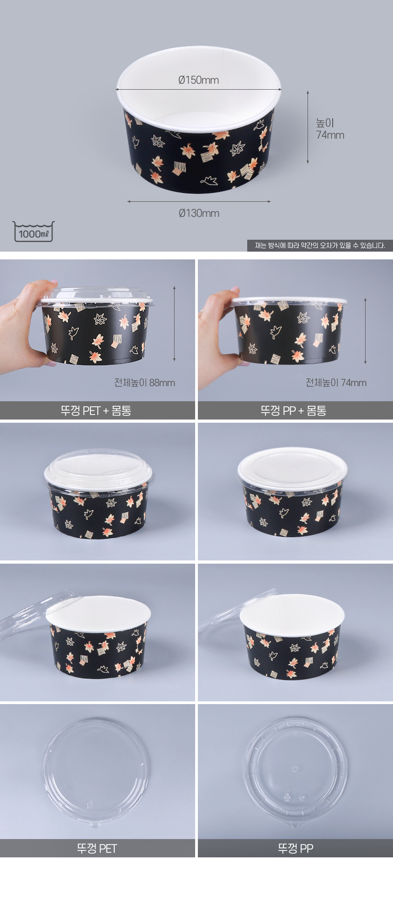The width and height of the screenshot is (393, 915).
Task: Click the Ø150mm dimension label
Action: [x=198, y=80]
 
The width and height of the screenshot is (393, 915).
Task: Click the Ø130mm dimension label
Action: [x=199, y=213]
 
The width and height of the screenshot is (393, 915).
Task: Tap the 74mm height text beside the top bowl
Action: [x=330, y=135]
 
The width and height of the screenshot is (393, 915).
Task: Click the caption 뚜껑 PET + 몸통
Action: [x=96, y=410]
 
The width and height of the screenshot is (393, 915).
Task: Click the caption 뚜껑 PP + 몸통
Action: [x=293, y=410]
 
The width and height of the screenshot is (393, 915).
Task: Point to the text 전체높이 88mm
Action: [x=144, y=382]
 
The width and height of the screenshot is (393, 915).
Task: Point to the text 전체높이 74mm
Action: [x=336, y=382]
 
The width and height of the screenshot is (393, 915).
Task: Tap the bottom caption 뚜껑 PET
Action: [x=97, y=849]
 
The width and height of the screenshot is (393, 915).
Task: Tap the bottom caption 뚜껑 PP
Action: [x=295, y=849]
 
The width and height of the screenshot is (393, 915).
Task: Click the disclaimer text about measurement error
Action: [x=320, y=246]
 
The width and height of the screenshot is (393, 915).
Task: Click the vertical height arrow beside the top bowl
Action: [x=308, y=127]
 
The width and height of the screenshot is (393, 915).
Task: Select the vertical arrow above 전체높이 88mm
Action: [x=174, y=324]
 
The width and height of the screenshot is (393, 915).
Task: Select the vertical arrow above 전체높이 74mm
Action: [x=365, y=331]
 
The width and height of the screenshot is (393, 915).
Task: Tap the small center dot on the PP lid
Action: [x=295, y=769]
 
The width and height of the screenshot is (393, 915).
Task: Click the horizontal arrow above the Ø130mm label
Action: [x=199, y=201]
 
